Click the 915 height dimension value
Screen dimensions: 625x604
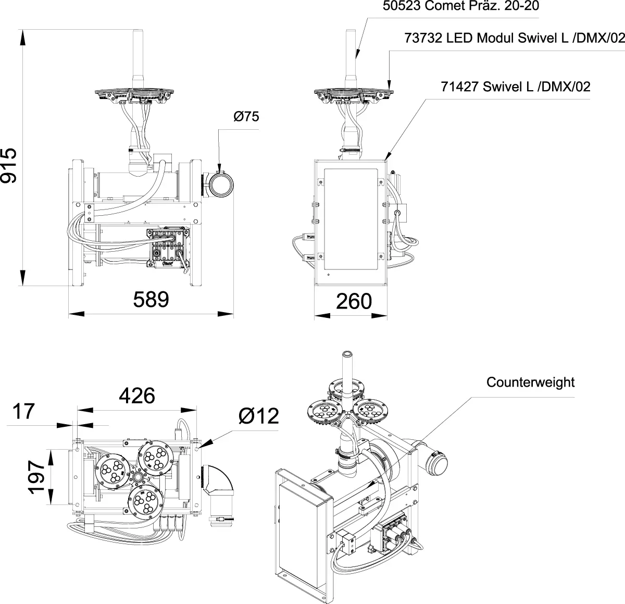[x=8, y=165]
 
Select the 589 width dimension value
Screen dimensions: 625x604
[x=151, y=300]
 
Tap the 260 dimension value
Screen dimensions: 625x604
[x=354, y=301]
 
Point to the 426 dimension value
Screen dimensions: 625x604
[x=137, y=396]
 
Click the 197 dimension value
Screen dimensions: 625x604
[x=36, y=477]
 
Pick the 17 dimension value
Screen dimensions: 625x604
[x=23, y=411]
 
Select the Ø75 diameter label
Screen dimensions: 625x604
[x=246, y=116]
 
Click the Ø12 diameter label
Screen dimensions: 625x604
[x=259, y=416]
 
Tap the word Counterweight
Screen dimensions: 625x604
[x=530, y=383]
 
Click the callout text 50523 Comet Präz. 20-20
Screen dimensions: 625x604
[x=461, y=6]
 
